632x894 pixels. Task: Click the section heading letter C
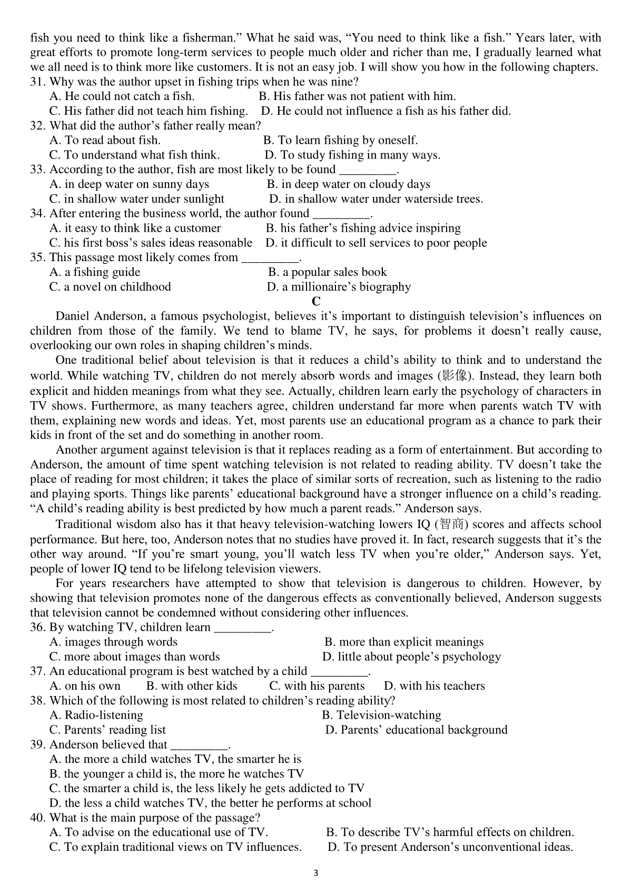pyautogui.click(x=316, y=301)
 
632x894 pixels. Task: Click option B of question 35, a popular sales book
pyautogui.click(x=327, y=272)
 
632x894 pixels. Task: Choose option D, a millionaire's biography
pyautogui.click(x=339, y=287)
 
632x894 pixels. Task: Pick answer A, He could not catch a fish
pyautogui.click(x=122, y=96)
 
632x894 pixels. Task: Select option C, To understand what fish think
pyautogui.click(x=134, y=155)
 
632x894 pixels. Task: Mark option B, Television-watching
pyautogui.click(x=381, y=715)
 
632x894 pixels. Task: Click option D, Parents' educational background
pyautogui.click(x=416, y=730)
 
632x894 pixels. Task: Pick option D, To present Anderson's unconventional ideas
pyautogui.click(x=450, y=847)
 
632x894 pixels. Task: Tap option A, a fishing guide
pyautogui.click(x=95, y=272)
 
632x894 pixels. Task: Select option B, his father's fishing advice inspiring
pyautogui.click(x=363, y=228)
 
